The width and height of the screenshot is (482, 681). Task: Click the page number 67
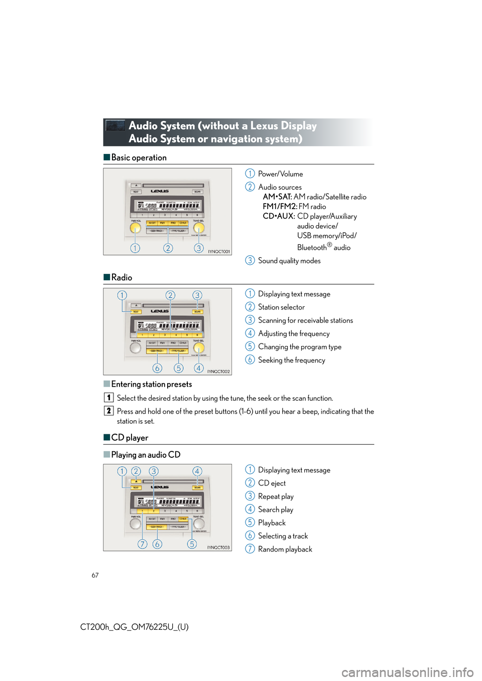[x=95, y=575]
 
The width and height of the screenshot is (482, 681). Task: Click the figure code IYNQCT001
[x=219, y=251]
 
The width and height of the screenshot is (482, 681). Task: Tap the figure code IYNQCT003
[x=219, y=547]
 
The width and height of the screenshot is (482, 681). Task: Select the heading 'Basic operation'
[x=139, y=157]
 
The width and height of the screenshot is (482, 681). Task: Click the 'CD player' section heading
[x=130, y=438]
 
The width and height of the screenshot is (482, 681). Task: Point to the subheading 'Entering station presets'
[x=151, y=384]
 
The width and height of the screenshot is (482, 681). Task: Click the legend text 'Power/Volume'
[x=280, y=174]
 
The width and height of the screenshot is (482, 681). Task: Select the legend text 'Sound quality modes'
[x=289, y=261]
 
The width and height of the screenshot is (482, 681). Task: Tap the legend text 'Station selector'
[x=281, y=307]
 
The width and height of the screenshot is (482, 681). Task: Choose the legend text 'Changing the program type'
[x=300, y=347]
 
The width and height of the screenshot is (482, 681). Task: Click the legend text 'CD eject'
[x=272, y=483]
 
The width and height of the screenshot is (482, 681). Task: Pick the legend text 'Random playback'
[x=285, y=549]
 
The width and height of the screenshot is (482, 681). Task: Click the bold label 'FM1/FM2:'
[x=280, y=207]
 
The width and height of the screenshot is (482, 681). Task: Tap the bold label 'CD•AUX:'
[x=279, y=216]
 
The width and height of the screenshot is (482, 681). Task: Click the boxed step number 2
[x=108, y=411]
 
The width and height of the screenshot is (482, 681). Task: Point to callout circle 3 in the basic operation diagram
[x=199, y=248]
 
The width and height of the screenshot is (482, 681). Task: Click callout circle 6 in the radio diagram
[x=158, y=368]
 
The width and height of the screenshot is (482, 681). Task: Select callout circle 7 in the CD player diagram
[x=143, y=544]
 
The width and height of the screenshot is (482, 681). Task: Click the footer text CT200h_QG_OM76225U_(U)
[x=135, y=627]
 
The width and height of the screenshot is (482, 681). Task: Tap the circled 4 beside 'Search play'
[x=250, y=509]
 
